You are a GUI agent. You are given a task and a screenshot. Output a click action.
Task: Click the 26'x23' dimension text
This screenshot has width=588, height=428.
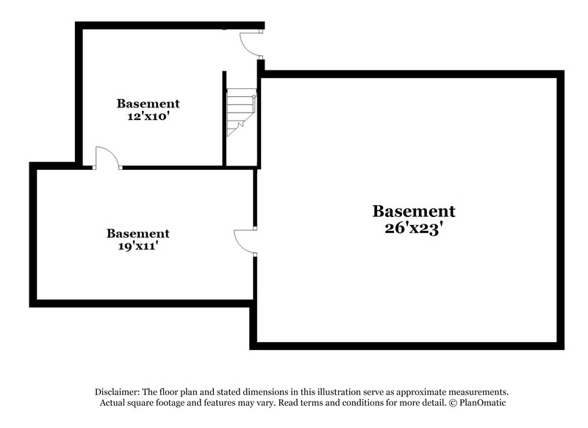(414, 228)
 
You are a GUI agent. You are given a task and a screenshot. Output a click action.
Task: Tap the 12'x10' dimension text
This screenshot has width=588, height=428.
(148, 116)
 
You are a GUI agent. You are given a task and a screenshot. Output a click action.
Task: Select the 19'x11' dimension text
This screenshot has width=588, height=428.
(137, 246)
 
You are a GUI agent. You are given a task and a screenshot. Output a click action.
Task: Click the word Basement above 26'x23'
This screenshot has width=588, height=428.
(414, 212)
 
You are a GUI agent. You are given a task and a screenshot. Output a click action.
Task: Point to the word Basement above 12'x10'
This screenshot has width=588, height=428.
(148, 104)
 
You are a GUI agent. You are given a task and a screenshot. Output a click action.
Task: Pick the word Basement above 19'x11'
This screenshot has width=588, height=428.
(137, 234)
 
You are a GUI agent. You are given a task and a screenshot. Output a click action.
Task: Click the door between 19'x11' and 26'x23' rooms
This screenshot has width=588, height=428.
(244, 242)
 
